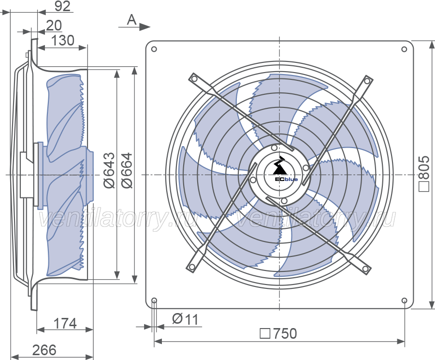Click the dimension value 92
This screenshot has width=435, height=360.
[x=62, y=6]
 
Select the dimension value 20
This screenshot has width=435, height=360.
[x=54, y=25]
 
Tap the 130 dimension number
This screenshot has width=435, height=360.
[x=63, y=40]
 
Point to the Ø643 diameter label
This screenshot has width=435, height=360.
[x=109, y=170]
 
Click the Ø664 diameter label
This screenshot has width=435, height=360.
[x=127, y=170]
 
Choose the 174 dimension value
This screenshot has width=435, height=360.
[x=65, y=324]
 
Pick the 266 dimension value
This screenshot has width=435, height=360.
[x=44, y=350]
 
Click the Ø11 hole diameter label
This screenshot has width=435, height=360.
[x=185, y=319]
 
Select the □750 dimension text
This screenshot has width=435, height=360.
[x=278, y=333]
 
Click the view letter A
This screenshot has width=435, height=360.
[x=132, y=20]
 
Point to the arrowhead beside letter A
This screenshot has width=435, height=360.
[x=145, y=27]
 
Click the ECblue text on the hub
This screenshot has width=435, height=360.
[x=286, y=180]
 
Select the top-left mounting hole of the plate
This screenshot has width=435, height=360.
[x=154, y=49]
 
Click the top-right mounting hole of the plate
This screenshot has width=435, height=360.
[x=404, y=49]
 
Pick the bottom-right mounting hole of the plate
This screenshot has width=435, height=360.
[x=404, y=300]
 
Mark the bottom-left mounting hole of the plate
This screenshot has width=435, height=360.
[x=154, y=300]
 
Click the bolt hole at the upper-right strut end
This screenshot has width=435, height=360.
[x=367, y=81]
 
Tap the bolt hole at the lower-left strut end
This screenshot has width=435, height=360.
[x=191, y=268]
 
